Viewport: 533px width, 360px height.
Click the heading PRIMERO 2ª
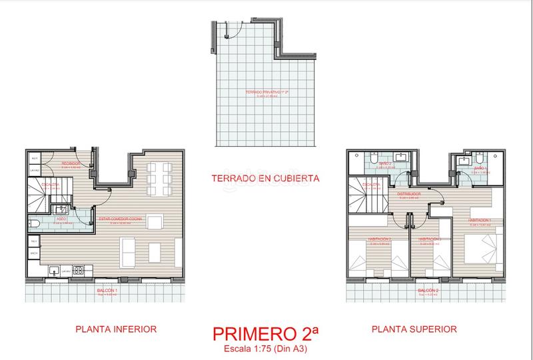point(266,333)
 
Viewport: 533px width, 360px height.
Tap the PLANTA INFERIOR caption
point(116,329)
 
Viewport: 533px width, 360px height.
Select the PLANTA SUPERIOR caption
point(414,329)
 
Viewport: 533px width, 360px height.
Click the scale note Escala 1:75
point(266,349)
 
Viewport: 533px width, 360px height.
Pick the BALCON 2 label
point(428,291)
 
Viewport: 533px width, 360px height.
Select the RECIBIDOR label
point(71,163)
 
